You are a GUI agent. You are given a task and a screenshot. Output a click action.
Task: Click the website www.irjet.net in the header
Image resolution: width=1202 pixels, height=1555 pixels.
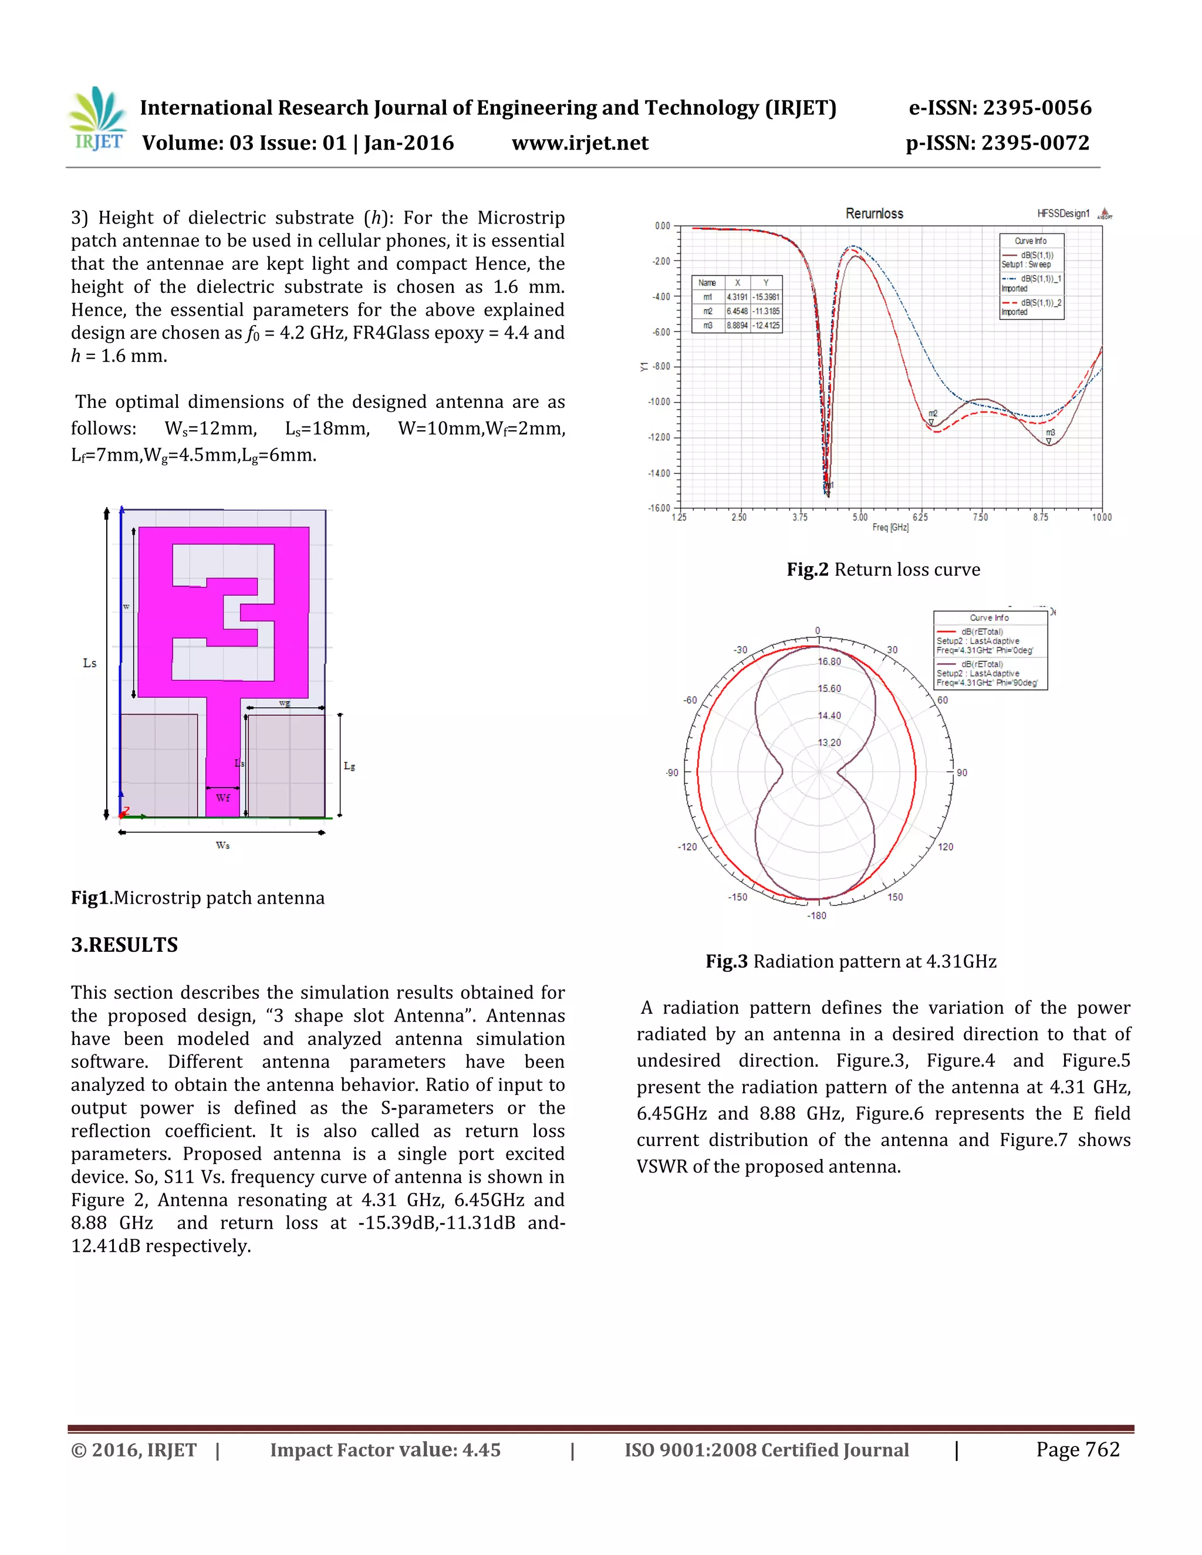tap(580, 143)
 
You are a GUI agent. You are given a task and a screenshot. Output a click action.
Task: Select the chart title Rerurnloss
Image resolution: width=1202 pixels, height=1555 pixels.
tap(874, 214)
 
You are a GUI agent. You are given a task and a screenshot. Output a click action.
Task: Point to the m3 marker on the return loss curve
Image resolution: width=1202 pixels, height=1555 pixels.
tap(1049, 434)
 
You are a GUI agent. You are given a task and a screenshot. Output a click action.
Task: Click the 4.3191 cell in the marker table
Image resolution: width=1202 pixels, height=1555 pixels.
tap(737, 297)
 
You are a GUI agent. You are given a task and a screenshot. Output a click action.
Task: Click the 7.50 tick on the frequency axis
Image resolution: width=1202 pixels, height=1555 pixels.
tap(981, 518)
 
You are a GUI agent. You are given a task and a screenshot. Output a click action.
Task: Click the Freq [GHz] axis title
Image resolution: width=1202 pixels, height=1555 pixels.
tap(890, 528)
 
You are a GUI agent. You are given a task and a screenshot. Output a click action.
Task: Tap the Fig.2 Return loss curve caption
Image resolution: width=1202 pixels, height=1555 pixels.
tap(883, 570)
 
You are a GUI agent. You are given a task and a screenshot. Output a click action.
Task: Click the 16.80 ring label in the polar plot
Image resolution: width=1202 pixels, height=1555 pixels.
tap(829, 661)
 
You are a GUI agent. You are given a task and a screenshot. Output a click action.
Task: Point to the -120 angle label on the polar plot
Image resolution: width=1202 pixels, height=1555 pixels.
tap(687, 847)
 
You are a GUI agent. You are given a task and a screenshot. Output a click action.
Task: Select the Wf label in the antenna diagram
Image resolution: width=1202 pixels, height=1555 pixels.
tap(223, 798)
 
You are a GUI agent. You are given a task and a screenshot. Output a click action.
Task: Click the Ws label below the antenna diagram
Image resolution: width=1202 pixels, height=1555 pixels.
tap(223, 845)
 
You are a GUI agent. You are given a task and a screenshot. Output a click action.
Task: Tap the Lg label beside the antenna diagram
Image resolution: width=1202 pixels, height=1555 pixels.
tap(349, 766)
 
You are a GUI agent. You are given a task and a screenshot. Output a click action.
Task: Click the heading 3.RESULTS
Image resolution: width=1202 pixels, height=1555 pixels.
tap(124, 945)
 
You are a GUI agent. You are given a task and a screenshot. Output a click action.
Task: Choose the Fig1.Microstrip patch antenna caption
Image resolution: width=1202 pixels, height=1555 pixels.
tap(197, 898)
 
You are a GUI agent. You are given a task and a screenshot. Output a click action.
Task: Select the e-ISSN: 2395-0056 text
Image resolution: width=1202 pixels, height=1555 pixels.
tap(1000, 108)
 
